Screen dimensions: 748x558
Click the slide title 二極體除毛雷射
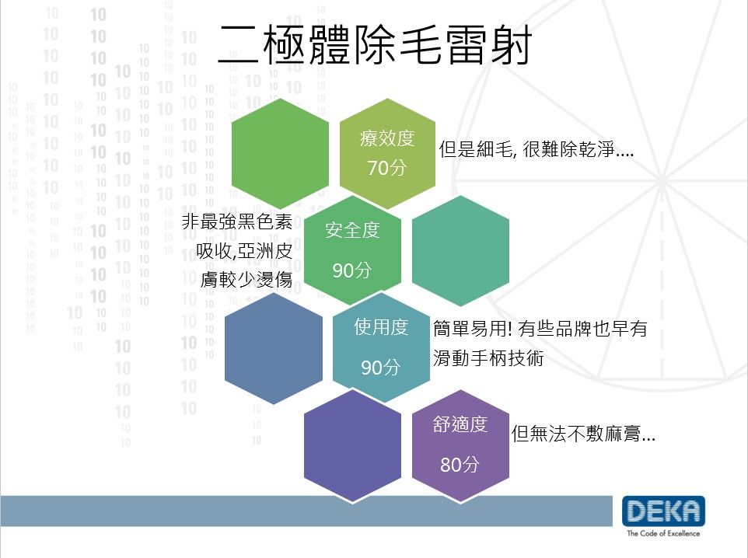(375, 44)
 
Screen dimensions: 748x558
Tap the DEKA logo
(663, 511)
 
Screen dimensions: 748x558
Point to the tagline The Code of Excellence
(663, 533)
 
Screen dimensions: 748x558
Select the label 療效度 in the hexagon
(387, 138)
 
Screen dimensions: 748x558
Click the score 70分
(386, 167)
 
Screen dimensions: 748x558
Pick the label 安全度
(352, 230)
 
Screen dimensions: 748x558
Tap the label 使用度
(381, 327)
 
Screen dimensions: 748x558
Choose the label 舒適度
(460, 424)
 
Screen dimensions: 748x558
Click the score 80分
(460, 464)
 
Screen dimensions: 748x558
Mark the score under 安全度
(351, 270)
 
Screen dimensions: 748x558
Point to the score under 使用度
(380, 368)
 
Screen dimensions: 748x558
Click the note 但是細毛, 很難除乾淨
(537, 149)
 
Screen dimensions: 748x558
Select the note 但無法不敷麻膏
(583, 434)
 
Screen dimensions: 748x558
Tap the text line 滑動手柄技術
(488, 357)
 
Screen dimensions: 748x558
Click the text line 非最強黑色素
(237, 221)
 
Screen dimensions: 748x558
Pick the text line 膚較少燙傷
(246, 279)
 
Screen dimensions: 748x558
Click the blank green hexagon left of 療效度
(280, 154)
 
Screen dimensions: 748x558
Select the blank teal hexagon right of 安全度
(460, 250)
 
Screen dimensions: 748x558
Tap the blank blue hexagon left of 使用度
(274, 348)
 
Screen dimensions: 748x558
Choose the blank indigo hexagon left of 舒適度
(352, 445)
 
